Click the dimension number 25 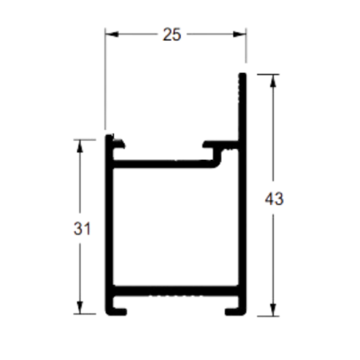point(172,35)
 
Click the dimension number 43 point(274,199)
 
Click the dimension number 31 point(82,229)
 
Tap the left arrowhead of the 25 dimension point(112,34)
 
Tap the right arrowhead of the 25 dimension point(239,34)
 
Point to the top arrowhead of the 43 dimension point(273,81)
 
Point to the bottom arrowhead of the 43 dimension point(273,310)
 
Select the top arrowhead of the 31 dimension point(80,146)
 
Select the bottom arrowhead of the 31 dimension point(80,307)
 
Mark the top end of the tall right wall point(243,74)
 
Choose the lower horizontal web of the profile point(176,291)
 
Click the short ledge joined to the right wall point(220,145)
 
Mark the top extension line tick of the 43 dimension point(268,75)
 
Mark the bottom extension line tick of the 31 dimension point(85,314)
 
